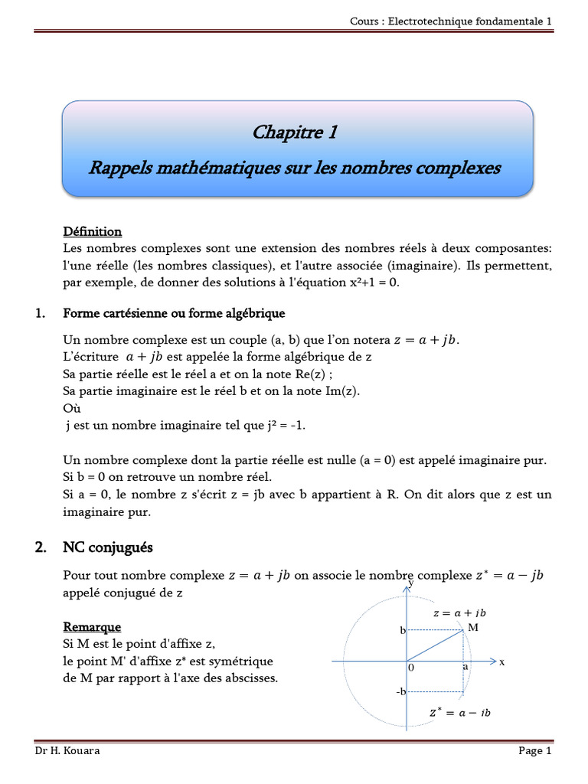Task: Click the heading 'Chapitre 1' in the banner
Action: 295,133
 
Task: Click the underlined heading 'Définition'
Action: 92,231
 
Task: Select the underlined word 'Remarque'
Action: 92,627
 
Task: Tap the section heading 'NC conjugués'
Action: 108,547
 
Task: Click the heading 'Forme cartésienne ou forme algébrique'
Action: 174,313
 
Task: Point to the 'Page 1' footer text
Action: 534,751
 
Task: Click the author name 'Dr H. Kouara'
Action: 67,751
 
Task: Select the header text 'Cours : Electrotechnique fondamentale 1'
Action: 450,21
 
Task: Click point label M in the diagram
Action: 472,627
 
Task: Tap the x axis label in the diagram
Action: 502,661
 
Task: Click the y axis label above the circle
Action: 411,583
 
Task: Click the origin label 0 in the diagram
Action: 411,668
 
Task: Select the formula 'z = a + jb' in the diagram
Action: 459,613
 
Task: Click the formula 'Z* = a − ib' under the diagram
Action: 459,712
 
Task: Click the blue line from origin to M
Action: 434,645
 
